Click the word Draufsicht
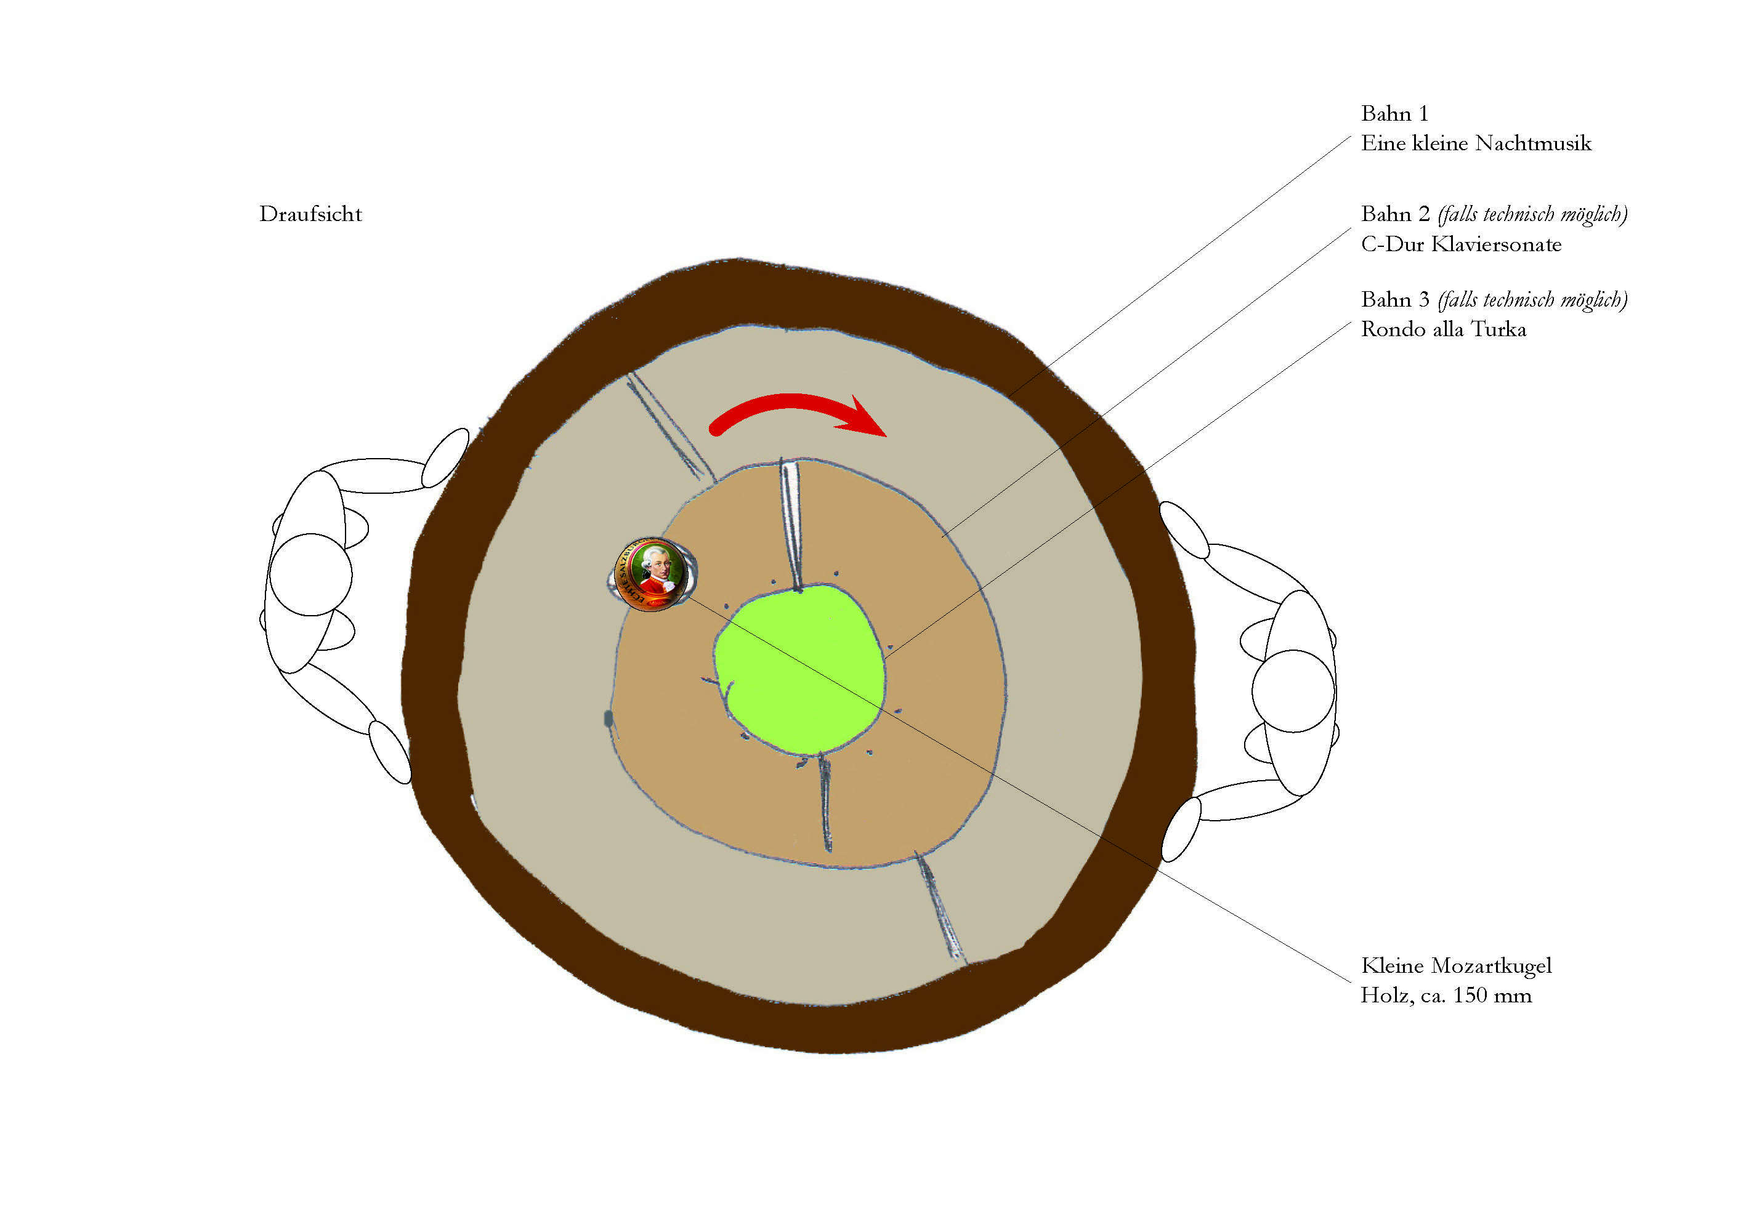[x=310, y=214]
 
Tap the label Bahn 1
[x=1394, y=114]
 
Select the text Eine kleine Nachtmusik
[x=1476, y=143]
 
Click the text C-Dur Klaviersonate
[x=1462, y=244]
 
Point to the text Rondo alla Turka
[x=1443, y=329]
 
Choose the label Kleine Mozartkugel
[x=1456, y=965]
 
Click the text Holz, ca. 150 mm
[x=1446, y=995]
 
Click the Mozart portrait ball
[x=652, y=574]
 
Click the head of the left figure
[x=310, y=574]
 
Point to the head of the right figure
[x=1293, y=691]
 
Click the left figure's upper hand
[x=445, y=457]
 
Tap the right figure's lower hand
[x=1181, y=829]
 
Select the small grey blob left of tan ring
[x=608, y=718]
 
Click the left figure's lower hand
[x=389, y=752]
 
